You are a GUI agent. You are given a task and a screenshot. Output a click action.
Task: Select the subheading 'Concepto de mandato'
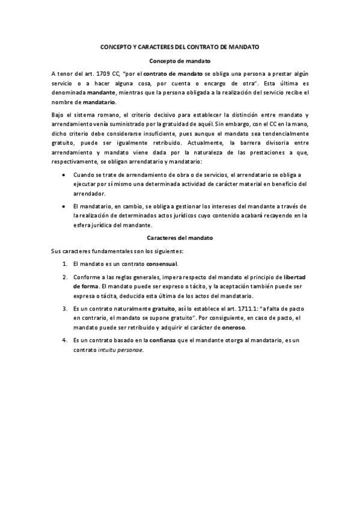pyautogui.click(x=180, y=61)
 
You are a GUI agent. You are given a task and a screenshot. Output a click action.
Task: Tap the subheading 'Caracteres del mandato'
pyautogui.click(x=180, y=238)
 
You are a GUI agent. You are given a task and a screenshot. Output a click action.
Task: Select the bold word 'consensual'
pyautogui.click(x=162, y=263)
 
